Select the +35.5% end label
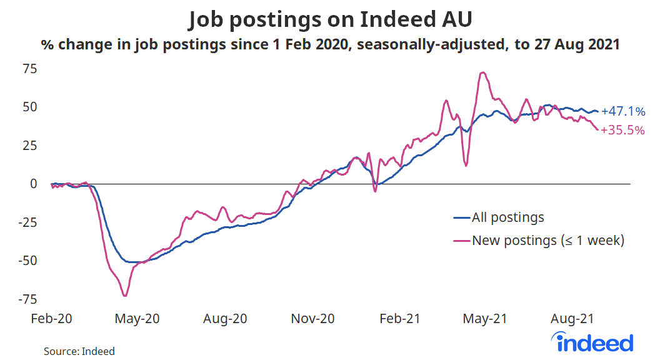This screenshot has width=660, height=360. [x=622, y=131]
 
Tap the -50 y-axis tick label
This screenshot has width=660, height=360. [x=29, y=261]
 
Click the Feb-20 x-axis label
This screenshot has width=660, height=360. [x=51, y=319]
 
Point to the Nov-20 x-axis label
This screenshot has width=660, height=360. [x=312, y=319]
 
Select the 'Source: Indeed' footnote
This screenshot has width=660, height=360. [x=79, y=351]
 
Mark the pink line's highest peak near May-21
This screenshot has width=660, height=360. [x=482, y=72]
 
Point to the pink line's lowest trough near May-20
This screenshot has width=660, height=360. [x=125, y=296]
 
